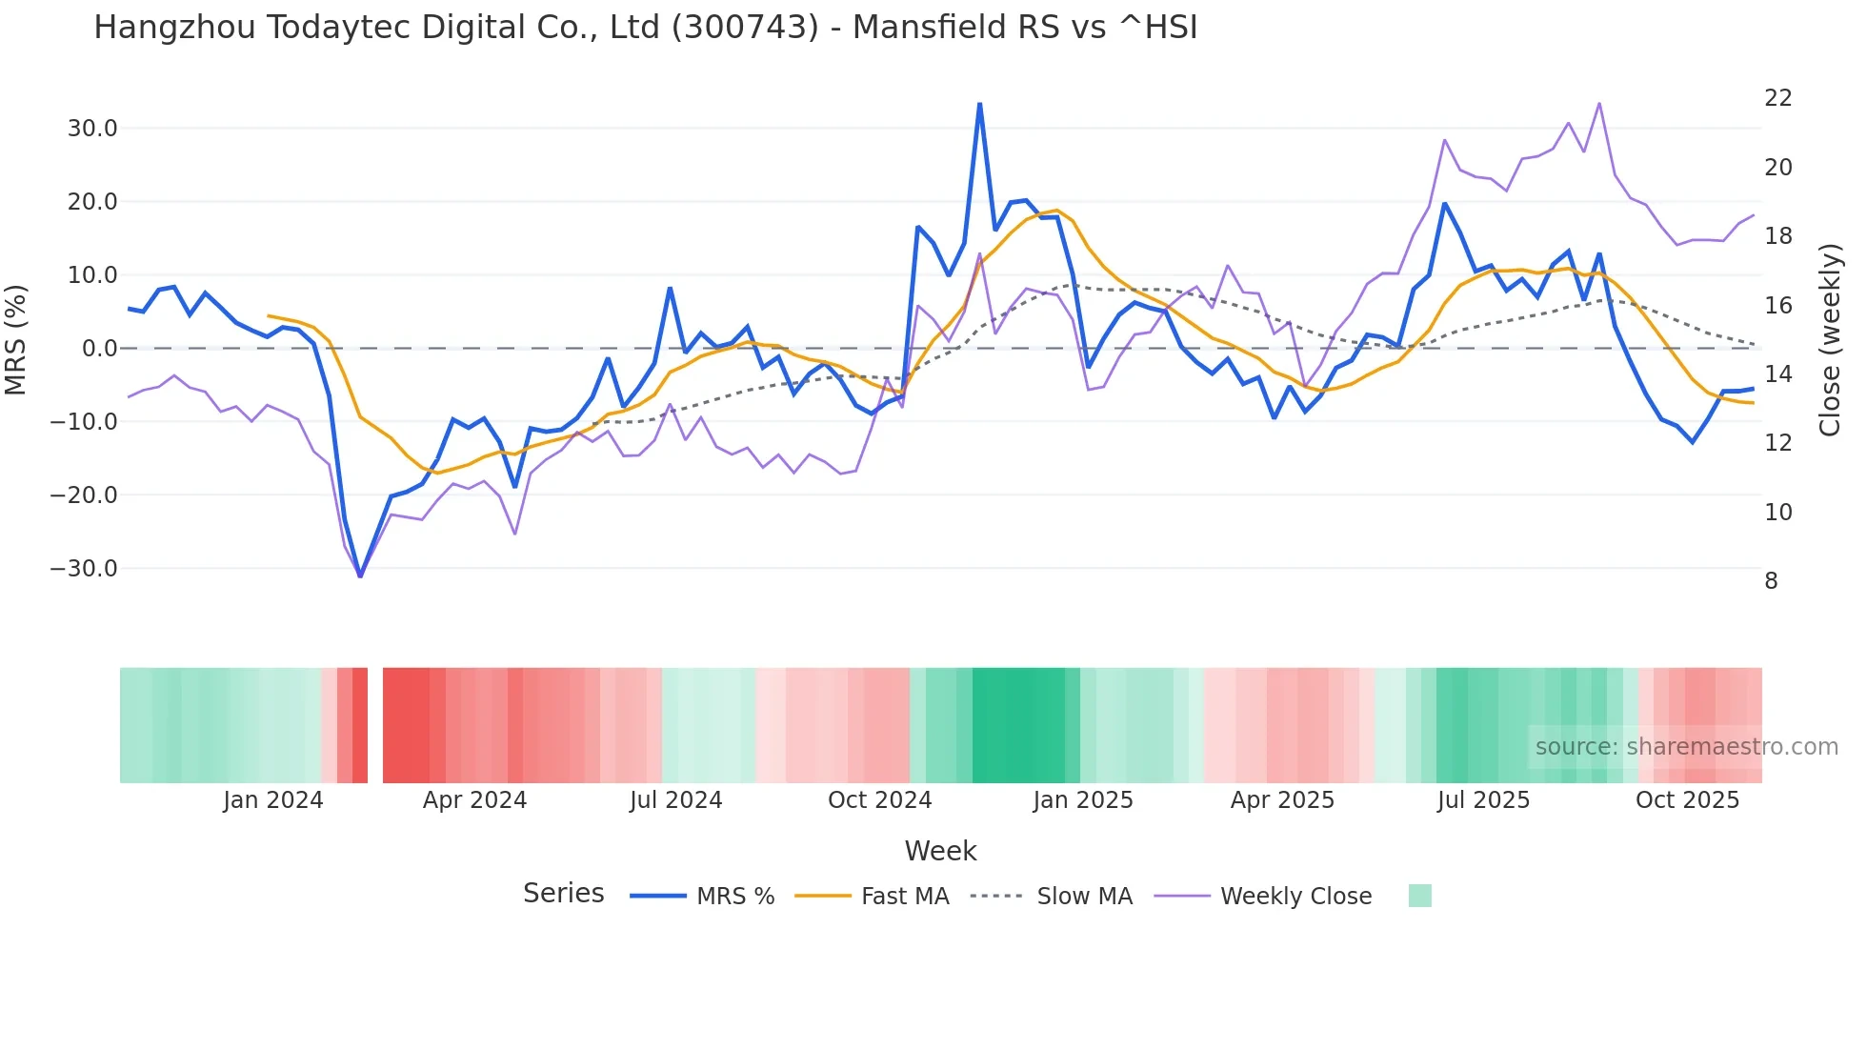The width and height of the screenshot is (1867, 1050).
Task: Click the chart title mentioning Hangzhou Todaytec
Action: tap(645, 28)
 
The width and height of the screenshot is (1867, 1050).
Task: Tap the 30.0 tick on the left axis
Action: tap(92, 129)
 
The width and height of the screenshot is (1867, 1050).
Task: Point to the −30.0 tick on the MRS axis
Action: tap(84, 569)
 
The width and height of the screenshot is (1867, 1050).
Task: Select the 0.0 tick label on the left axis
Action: tap(99, 349)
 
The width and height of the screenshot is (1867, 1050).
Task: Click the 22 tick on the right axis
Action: tap(1777, 98)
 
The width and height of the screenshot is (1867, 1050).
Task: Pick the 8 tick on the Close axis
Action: tap(1771, 581)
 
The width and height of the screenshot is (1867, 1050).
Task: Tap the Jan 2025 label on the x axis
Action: tap(1083, 800)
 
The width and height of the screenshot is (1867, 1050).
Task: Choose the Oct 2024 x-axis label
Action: tap(879, 800)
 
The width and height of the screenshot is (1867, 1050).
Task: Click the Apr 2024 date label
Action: tap(474, 800)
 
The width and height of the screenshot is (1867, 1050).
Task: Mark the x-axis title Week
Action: tap(940, 851)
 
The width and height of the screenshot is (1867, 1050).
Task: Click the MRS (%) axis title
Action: tap(15, 340)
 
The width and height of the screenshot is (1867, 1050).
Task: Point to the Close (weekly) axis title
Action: tap(1829, 340)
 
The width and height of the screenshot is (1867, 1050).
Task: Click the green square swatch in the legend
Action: tap(1419, 896)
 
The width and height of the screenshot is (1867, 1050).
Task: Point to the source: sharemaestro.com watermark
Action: tap(1686, 747)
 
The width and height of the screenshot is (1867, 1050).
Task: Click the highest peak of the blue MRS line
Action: tap(979, 104)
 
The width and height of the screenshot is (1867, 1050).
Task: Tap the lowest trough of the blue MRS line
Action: tap(360, 575)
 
